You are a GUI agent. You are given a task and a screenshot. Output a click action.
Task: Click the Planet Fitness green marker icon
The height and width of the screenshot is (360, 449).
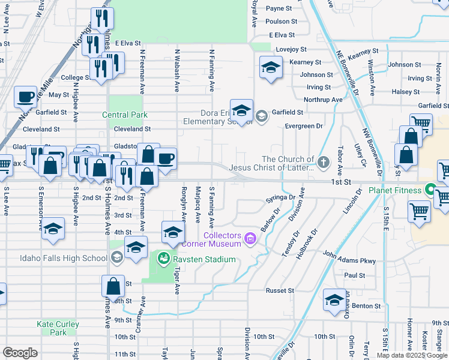pos(430,191)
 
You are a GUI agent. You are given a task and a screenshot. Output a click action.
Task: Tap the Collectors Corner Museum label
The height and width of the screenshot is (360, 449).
pos(225,239)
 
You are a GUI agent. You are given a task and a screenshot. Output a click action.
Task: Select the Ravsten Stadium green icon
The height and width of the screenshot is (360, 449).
pos(162,259)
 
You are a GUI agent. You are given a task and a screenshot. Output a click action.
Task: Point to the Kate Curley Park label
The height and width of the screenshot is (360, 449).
pos(58,328)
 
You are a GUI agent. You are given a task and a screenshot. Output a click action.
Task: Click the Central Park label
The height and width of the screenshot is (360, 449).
pos(125,115)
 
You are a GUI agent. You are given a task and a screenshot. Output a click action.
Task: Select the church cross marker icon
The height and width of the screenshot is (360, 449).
pos(324,162)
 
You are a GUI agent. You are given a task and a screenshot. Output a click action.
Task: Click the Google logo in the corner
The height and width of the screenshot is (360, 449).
pos(20,353)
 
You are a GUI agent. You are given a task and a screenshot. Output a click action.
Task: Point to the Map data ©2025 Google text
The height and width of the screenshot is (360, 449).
pos(412,355)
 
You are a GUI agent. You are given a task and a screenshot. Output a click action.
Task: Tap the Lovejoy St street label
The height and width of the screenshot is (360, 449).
pos(291,50)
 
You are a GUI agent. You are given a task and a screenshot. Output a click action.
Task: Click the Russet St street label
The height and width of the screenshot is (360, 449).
pos(280,290)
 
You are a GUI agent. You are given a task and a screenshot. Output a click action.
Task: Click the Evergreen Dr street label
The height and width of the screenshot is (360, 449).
pos(304,126)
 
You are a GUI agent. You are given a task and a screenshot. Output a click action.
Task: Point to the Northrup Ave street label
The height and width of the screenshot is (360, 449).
pos(323,100)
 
